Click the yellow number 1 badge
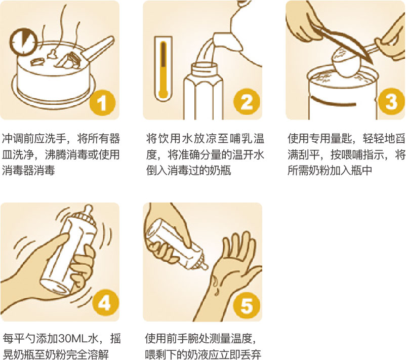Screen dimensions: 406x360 click(102, 103)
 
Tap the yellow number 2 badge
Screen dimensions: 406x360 click(246, 102)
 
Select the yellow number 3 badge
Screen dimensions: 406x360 click(391, 102)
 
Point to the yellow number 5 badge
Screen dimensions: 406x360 click(246, 305)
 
